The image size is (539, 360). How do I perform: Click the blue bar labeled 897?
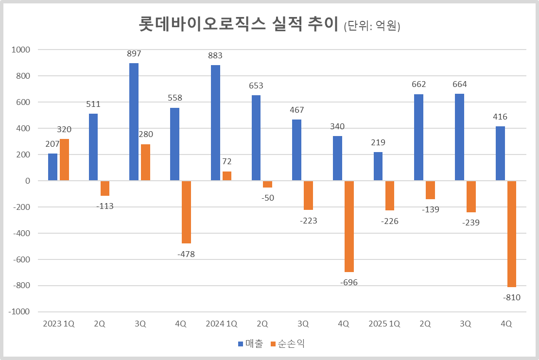(134, 122)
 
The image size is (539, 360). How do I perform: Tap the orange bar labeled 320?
(64, 160)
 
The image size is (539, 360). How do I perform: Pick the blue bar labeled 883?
(216, 123)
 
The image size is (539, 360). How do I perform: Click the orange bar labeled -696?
(349, 226)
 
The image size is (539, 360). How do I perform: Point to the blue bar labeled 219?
(378, 166)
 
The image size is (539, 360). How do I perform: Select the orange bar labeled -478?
(186, 212)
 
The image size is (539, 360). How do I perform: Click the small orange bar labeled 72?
(227, 176)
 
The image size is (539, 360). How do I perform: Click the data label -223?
(309, 221)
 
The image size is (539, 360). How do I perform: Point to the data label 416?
(500, 117)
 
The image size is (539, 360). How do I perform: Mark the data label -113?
(104, 206)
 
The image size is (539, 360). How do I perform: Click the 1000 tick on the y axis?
(21, 50)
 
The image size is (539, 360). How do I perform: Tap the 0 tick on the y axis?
(27, 181)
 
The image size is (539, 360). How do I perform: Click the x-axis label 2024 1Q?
(221, 324)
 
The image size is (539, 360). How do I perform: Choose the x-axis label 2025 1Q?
(384, 324)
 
